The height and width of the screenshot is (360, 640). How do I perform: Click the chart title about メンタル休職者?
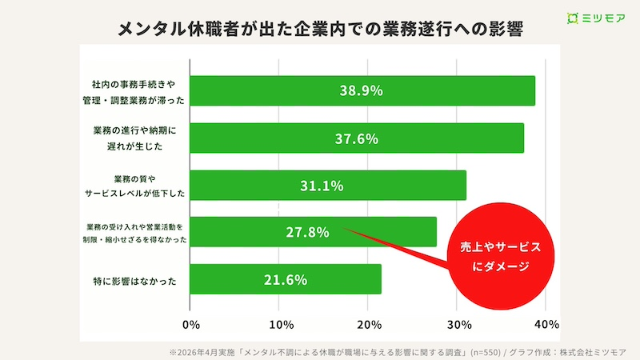point(320,30)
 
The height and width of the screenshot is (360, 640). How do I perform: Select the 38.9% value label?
point(362,90)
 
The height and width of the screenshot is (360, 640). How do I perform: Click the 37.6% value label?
point(356,138)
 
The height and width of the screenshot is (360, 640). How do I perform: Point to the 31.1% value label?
point(322,186)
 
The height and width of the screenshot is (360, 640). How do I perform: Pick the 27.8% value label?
point(308,232)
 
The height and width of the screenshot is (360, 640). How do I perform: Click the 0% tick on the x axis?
point(190,324)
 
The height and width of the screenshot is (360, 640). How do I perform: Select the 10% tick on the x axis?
point(278,324)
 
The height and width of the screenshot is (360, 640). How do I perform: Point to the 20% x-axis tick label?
point(367,324)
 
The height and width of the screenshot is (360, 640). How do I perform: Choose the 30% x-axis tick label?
point(456,324)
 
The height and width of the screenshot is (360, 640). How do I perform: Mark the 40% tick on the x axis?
point(545,324)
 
